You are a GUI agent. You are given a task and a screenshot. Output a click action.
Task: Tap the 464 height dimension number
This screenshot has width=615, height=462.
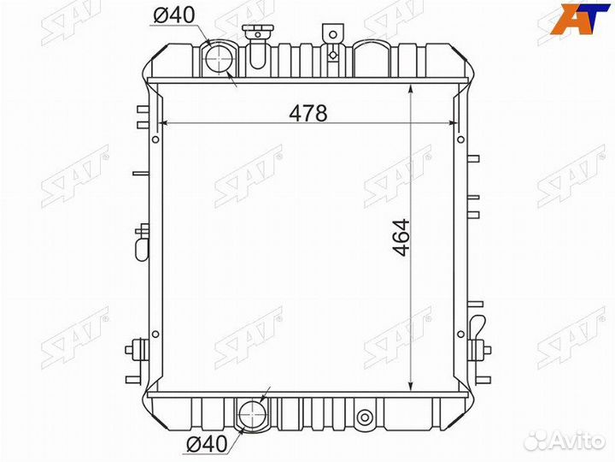(x=401, y=240)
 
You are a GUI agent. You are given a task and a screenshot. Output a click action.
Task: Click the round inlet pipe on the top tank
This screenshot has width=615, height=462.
(x=220, y=59)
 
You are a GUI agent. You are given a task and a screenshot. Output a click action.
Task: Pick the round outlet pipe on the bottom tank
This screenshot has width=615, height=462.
(x=255, y=415)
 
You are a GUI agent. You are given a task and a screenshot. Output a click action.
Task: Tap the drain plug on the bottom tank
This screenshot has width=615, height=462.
(x=366, y=418)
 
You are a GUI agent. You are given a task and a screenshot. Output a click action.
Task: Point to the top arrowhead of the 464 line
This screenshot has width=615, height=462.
(x=413, y=87)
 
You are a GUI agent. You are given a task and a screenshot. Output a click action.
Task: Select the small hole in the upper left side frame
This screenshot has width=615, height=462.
(x=154, y=136)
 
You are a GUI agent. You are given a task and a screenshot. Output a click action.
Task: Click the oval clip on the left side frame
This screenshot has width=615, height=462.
(x=142, y=244)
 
